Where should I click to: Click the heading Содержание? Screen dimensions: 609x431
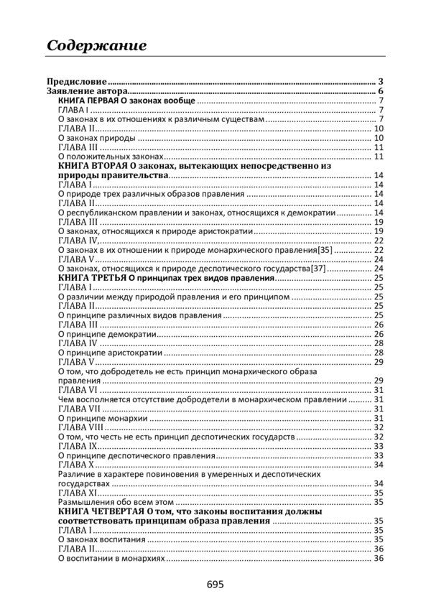coord(96,45)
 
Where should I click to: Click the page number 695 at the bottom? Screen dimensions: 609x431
coord(215,585)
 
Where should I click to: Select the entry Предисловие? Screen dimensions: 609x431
coord(77,82)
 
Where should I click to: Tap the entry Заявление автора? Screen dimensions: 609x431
coord(87,91)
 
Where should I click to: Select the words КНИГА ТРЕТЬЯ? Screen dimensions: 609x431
coord(89,278)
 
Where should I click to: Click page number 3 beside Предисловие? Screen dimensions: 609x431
coord(381,82)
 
